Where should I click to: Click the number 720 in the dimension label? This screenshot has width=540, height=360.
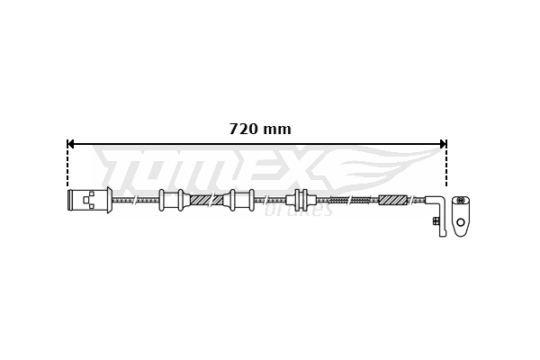(244, 129)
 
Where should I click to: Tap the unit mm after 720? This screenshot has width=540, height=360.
(276, 129)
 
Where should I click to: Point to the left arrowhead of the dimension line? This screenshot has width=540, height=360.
(72, 143)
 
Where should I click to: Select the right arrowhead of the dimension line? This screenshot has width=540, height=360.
(442, 143)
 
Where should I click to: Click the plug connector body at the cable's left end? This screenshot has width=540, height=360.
(86, 200)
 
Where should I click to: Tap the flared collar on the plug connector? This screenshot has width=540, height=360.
(109, 200)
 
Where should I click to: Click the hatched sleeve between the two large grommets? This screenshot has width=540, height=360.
(206, 200)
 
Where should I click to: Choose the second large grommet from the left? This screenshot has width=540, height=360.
(241, 200)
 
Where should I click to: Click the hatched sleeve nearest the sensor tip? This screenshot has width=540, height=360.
(393, 200)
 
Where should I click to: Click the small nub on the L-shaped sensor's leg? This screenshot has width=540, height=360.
(435, 220)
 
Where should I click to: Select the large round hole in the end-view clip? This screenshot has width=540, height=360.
(461, 221)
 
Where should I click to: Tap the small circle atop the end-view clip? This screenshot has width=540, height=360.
(461, 200)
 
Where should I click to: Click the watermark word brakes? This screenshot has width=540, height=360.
(301, 211)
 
